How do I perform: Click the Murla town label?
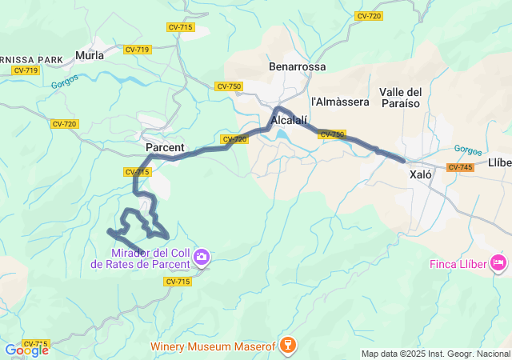coord(89,55)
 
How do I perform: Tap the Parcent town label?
coord(165,148)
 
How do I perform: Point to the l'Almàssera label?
coord(340,102)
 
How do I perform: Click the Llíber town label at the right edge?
coord(499,162)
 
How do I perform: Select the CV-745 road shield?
coord(460,167)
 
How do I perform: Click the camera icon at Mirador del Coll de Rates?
coord(202,257)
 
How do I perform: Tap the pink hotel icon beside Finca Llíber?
coord(500,262)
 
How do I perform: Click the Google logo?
coord(26,350)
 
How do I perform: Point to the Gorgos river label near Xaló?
coord(467,149)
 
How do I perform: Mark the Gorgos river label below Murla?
coord(65,82)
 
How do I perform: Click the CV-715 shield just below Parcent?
coord(137,172)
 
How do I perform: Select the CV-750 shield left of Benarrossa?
coord(228,86)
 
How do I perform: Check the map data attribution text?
coord(435,354)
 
